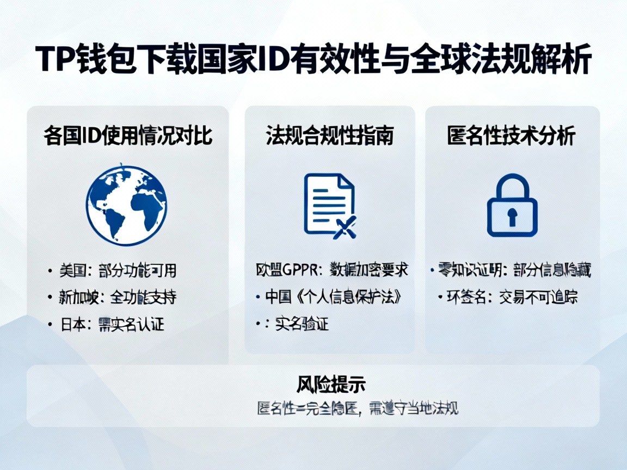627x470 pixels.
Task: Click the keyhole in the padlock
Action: tap(512, 216)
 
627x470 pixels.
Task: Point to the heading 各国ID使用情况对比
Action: tap(128, 135)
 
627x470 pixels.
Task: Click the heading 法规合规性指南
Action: tap(330, 135)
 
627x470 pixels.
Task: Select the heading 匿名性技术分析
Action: tap(512, 135)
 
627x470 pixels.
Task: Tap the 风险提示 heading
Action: tap(331, 385)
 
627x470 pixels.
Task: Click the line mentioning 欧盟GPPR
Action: tap(332, 269)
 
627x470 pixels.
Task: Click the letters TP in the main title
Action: tap(54, 61)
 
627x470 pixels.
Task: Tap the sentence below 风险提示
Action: tap(358, 408)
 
